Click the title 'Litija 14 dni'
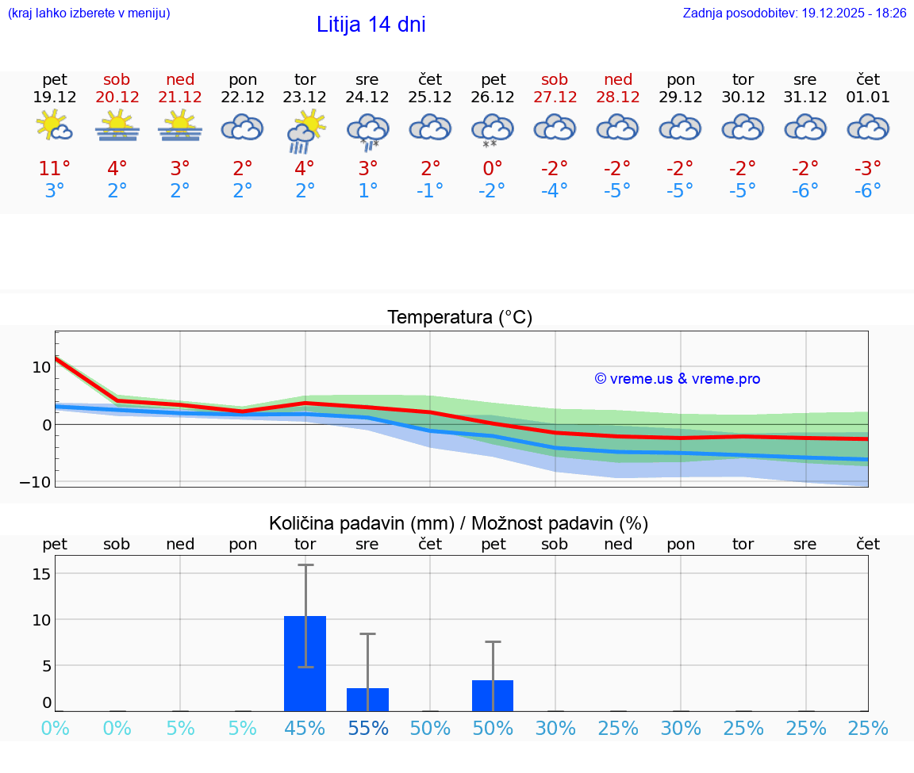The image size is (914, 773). [x=371, y=25]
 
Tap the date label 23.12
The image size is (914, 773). [x=305, y=98]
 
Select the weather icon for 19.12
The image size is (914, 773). [x=55, y=127]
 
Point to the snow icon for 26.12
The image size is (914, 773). [x=493, y=129]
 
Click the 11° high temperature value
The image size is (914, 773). [x=55, y=169]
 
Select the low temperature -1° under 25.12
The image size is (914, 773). [x=430, y=191]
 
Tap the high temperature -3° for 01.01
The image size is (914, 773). [x=868, y=169]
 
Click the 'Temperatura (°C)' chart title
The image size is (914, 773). [x=459, y=318]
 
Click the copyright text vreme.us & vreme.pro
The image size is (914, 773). [x=678, y=379]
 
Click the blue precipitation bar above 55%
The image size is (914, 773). [x=367, y=699]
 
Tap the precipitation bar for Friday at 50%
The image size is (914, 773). [x=493, y=695]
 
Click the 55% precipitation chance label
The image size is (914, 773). [x=367, y=729]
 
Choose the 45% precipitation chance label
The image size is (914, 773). [x=305, y=729]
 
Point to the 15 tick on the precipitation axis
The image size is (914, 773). [x=42, y=573]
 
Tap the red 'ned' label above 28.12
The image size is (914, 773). [x=618, y=79]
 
